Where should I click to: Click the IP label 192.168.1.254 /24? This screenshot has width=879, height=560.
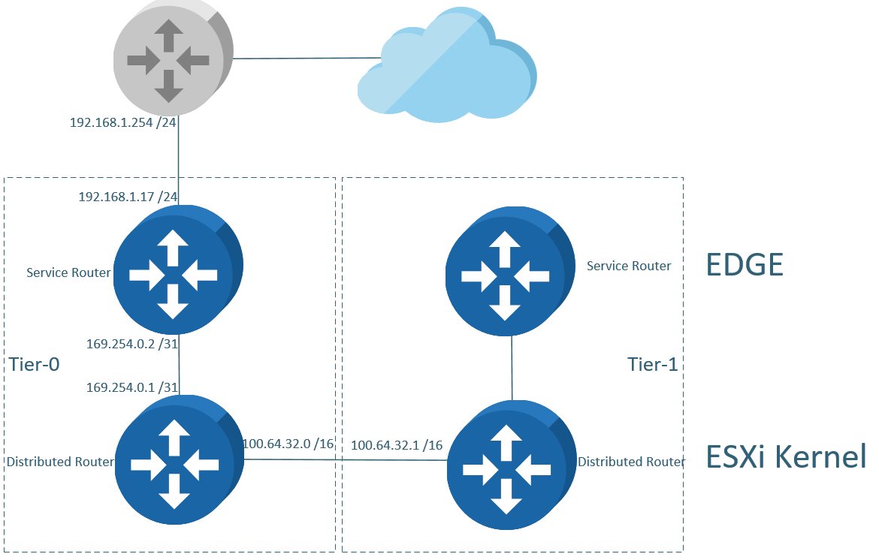coord(122,122)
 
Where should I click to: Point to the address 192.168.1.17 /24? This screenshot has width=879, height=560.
coord(128,197)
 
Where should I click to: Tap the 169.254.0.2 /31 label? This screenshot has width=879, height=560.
coord(132,345)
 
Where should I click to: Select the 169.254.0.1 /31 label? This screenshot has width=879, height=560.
coord(132,387)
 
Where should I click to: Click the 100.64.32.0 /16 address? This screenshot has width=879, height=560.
coord(288,444)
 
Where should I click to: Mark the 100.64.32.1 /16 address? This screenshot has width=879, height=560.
coord(397,445)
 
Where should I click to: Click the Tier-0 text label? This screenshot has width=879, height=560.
coord(35,365)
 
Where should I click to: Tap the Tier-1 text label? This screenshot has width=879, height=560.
coord(652,365)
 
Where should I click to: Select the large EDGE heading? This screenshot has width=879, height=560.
coord(745,265)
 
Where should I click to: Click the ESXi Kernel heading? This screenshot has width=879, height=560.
coord(786,456)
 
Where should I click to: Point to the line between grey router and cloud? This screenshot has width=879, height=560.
coord(308,58)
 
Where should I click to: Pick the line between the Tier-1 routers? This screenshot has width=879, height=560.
coord(512,368)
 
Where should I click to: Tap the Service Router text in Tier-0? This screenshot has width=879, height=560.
coord(68,272)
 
